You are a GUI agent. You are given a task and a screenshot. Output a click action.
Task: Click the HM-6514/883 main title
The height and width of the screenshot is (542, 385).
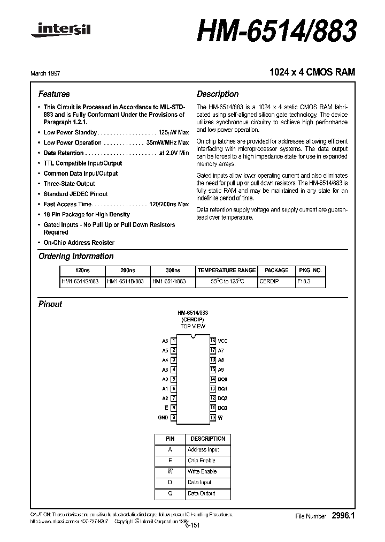(276, 32)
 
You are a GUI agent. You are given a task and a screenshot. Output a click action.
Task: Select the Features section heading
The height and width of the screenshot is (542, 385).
(54, 94)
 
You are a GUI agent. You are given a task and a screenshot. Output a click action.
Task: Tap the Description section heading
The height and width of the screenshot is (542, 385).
(218, 94)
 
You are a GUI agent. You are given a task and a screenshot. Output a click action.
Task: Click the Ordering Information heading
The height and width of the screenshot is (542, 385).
(76, 257)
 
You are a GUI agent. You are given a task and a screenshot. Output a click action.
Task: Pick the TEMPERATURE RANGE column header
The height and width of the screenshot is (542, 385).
(226, 270)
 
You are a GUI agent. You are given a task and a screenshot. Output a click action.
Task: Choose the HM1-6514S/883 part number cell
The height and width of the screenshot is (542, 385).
(81, 281)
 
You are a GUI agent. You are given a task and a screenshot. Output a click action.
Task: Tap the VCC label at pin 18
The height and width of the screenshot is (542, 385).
(222, 341)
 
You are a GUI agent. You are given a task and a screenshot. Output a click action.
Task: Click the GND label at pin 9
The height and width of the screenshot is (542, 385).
(163, 417)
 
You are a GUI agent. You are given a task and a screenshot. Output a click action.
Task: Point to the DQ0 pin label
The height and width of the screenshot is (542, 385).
(222, 379)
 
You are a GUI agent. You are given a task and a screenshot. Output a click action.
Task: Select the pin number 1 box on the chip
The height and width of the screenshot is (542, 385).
(174, 341)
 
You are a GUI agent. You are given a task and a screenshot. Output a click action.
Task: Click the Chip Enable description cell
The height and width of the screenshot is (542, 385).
(202, 461)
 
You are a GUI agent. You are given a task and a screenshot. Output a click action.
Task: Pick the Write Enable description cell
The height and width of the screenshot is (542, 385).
(202, 471)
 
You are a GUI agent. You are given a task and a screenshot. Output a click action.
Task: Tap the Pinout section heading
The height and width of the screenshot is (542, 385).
(50, 304)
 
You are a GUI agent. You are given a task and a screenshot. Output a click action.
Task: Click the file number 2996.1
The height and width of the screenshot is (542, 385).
(343, 516)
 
